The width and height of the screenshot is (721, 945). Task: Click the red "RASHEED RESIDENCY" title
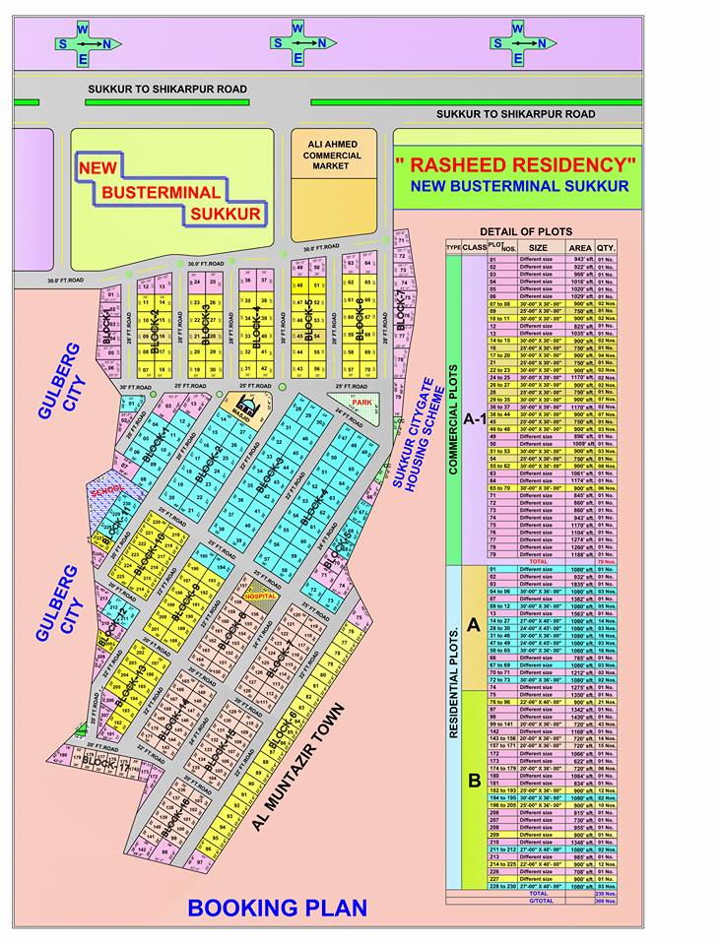click(x=516, y=163)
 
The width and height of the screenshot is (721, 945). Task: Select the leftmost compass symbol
click(x=84, y=42)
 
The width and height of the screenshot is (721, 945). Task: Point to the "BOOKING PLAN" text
click(x=278, y=907)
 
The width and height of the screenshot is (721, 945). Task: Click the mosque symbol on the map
click(x=241, y=405)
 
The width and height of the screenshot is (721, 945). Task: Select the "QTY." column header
click(x=606, y=248)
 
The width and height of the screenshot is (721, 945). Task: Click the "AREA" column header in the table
click(x=581, y=248)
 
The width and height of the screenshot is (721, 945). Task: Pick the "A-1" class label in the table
click(x=475, y=418)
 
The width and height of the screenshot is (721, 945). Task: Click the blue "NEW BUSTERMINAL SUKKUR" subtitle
click(x=519, y=185)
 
